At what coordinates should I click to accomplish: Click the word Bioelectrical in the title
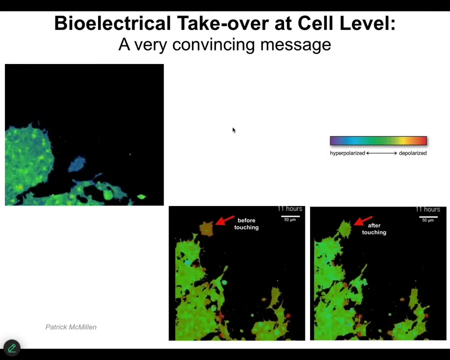pos(112,23)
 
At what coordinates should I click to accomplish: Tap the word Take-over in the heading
pos(222,23)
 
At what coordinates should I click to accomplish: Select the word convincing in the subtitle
pos(213,45)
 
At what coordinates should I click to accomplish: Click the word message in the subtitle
pos(295,45)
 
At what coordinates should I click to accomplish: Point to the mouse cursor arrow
pos(234,130)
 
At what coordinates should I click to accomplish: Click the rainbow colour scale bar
pos(378,140)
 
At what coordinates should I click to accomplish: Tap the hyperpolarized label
pos(347,153)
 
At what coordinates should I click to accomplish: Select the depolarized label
pos(412,153)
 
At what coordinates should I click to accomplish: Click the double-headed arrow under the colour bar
pos(381,153)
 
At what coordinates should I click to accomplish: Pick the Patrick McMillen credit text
pos(71,327)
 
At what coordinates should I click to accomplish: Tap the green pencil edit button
pos(12,348)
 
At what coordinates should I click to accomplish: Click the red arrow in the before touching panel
pos(224,220)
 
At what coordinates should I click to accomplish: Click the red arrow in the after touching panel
pos(363,221)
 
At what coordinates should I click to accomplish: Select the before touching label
pos(246,224)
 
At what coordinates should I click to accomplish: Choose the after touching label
pos(374,229)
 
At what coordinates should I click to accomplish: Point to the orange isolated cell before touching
pos(206,228)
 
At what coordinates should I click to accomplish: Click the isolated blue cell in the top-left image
pos(76,164)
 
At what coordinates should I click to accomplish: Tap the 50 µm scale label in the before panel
pos(290,219)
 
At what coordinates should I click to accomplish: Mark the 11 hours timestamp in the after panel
pos(427,209)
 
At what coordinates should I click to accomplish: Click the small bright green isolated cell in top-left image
pos(141,196)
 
